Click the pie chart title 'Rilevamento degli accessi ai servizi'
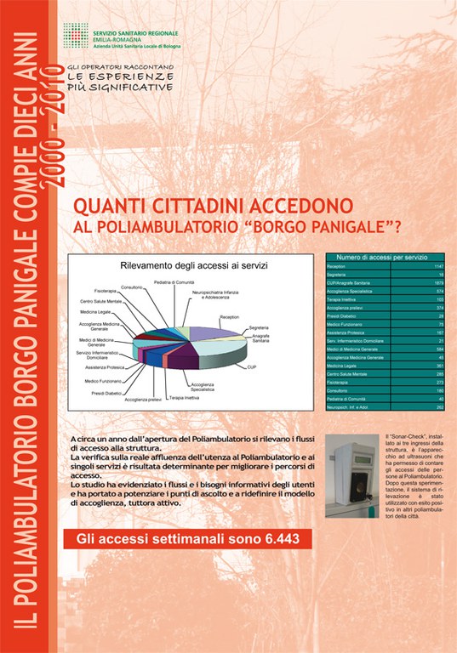194,266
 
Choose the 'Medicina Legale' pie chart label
96,312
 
